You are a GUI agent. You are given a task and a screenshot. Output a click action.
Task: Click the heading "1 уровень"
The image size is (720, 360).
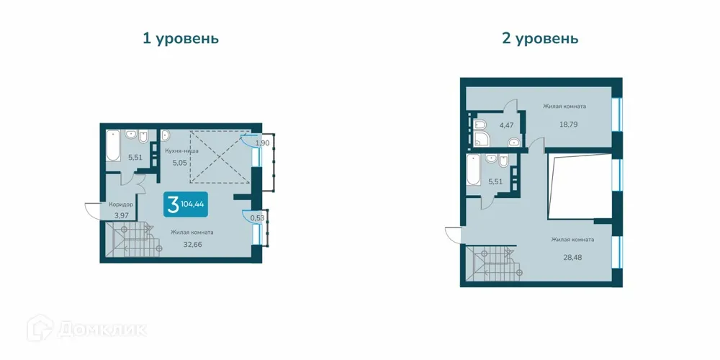click(x=180, y=38)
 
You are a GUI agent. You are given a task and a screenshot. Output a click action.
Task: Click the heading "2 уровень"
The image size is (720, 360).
click(x=540, y=38)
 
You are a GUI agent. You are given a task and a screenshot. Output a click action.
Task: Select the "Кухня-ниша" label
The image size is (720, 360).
click(x=182, y=151)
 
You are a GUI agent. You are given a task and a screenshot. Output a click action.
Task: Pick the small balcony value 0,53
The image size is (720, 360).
click(x=257, y=217)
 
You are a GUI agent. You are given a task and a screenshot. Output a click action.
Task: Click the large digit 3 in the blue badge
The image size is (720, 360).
click(x=173, y=203)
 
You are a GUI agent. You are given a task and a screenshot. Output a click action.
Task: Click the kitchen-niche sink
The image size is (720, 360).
click(x=165, y=135)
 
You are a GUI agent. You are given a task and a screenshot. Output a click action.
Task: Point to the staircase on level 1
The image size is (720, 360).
click(x=132, y=240)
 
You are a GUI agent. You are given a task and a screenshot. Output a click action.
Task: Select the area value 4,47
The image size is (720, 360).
click(x=507, y=125)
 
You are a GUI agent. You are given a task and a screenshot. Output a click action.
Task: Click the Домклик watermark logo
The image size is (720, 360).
click(x=87, y=329)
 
